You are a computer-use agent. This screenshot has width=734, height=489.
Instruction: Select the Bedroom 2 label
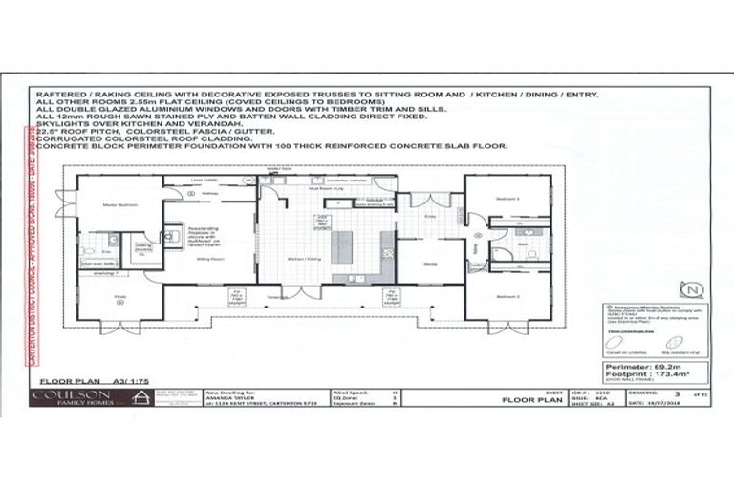tap(507, 296)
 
